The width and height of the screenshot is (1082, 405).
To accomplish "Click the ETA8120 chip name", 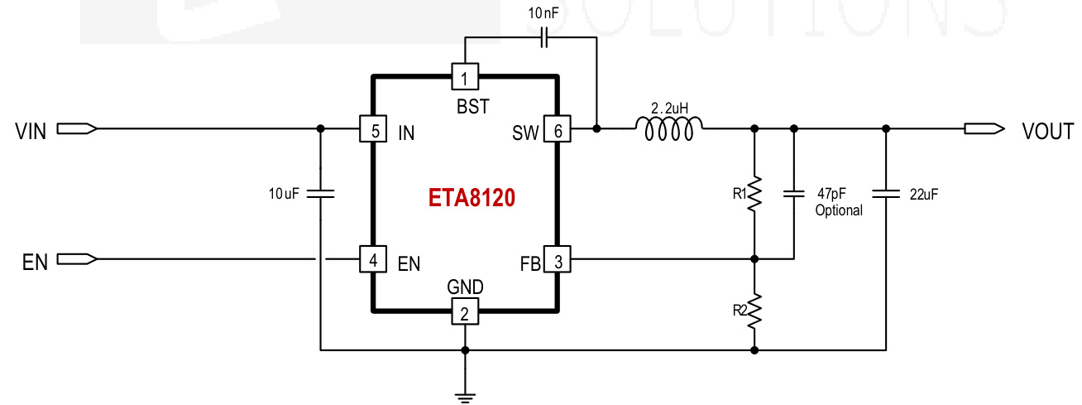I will tap(472, 198).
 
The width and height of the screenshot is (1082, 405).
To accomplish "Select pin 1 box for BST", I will tap(465, 78).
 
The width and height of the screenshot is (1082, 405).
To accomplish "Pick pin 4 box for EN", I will tap(374, 259).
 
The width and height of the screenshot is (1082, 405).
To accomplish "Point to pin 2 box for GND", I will tap(465, 312).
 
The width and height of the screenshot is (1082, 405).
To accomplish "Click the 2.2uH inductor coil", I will tap(669, 126).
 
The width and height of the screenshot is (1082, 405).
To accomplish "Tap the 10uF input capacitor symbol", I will tap(321, 193).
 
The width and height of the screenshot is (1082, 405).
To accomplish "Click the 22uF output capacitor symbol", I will tap(886, 193).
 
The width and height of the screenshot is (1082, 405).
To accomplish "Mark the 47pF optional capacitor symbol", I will tap(793, 193).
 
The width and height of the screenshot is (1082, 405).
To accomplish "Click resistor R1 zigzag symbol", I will tap(754, 195).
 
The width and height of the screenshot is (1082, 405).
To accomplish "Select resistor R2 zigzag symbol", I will tap(754, 310).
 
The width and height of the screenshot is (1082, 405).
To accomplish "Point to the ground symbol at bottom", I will tap(465, 396).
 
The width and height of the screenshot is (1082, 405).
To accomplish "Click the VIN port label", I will tap(31, 130).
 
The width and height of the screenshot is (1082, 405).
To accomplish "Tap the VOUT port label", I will tap(1047, 131).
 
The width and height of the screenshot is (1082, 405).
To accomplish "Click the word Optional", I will tap(838, 210).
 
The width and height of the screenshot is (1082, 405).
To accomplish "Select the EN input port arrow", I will tap(77, 259).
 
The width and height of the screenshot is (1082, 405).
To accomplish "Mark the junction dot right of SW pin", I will tap(597, 129).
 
